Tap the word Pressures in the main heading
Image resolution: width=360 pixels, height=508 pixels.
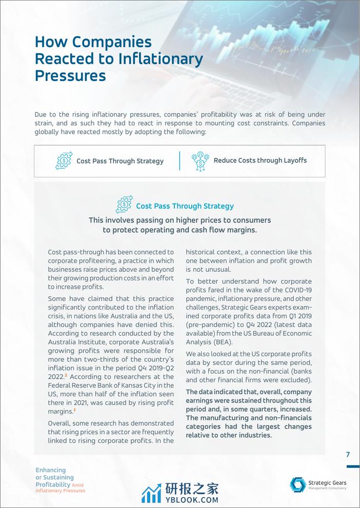70,76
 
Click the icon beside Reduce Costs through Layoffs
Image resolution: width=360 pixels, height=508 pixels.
200,161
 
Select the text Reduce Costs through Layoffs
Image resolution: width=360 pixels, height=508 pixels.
260,160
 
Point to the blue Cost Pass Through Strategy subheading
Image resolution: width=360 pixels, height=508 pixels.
185,206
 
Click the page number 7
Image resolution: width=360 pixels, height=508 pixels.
348,454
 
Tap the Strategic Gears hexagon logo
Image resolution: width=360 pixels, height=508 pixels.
298,484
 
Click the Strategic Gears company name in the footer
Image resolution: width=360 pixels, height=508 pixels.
328,482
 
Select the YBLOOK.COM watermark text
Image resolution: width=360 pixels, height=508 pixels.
192,499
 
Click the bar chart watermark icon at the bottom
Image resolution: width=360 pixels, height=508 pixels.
151,493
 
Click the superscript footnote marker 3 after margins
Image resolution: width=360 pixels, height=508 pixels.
74,410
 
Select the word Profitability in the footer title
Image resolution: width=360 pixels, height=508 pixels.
53,484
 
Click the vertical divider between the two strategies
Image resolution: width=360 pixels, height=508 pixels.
179,160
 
